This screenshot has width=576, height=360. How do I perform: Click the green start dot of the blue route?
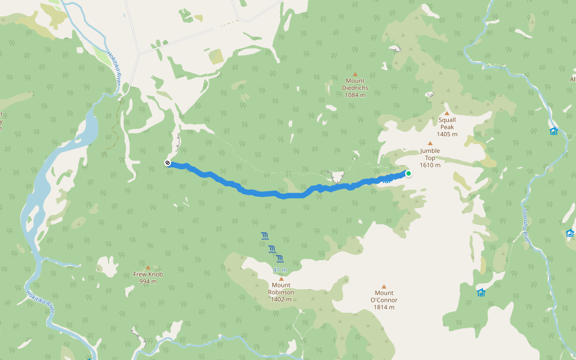tap(409, 173)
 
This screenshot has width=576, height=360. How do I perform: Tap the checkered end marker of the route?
tap(167, 163)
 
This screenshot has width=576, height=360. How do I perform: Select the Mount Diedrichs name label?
tap(355, 84)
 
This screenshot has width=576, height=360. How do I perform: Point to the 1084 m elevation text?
tap(355, 95)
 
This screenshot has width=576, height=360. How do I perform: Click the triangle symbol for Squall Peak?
tap(447, 113)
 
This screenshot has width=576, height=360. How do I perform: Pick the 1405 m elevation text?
tap(447, 134)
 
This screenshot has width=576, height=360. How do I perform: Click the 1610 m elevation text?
tap(430, 165)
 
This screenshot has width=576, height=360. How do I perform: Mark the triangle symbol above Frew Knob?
tap(148, 268)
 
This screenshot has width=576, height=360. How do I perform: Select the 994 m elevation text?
tap(148, 281)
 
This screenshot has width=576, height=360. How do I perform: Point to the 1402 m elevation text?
tap(281, 299)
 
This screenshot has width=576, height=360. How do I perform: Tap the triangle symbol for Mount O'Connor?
tap(384, 286)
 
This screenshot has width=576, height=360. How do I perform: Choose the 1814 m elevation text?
tap(384, 307)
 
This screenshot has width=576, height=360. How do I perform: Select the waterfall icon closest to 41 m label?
tap(280, 259)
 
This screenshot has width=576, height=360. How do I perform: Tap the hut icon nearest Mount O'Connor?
tap(481, 292)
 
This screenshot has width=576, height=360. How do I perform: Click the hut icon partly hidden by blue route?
tap(387, 179)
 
